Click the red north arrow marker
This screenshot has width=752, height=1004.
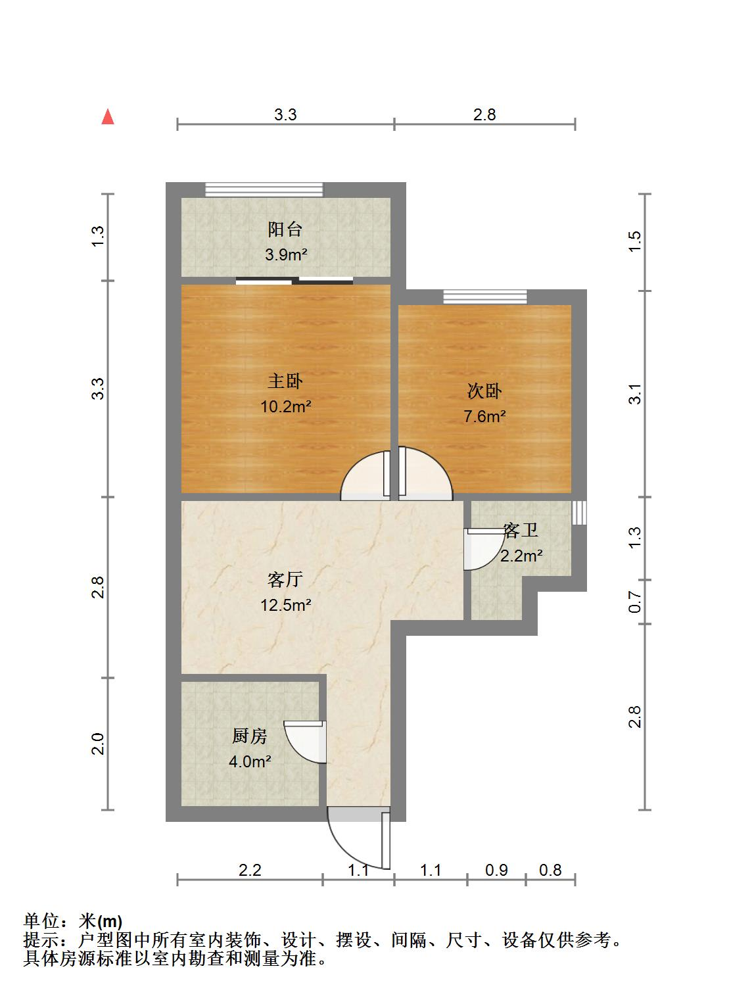click(x=108, y=118)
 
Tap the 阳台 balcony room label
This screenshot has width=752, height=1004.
click(x=285, y=229)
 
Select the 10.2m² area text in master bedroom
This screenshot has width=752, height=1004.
click(x=285, y=406)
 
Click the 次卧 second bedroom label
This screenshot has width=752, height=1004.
click(x=484, y=391)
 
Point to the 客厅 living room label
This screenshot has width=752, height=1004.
click(x=285, y=579)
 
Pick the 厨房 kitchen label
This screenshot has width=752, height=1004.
click(x=250, y=736)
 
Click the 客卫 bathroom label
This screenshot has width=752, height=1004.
click(x=521, y=530)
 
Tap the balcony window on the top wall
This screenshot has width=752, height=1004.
click(x=264, y=190)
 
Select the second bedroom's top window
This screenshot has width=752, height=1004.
click(x=484, y=297)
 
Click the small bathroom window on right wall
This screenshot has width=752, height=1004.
click(x=578, y=513)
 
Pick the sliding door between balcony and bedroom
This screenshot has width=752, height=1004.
click(x=294, y=281)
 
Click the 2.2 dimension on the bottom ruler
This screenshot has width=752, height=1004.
click(x=250, y=870)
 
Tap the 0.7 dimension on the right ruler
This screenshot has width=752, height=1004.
click(x=634, y=602)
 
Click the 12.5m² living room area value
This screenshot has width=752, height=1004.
click(x=285, y=604)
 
